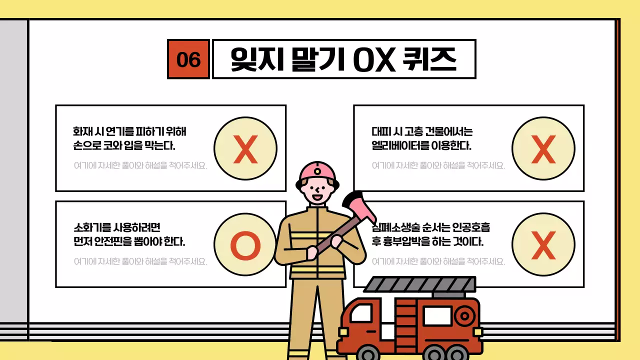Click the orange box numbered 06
click(x=188, y=59)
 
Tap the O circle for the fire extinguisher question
click(x=245, y=244)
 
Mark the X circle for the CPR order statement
click(x=543, y=244)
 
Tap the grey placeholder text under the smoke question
click(x=140, y=165)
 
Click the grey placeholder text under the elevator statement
click(x=438, y=165)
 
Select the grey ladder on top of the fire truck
click(x=420, y=284)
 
